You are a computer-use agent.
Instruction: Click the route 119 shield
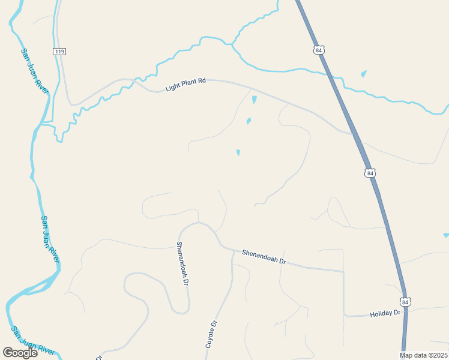[x=59, y=52]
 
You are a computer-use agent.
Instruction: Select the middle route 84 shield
[x=370, y=173]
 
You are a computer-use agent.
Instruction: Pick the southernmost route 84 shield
[x=406, y=302]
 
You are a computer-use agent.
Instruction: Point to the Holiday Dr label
[x=385, y=313]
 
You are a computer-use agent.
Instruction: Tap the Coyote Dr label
[x=211, y=334]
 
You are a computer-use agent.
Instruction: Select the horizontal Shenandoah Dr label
[x=264, y=257]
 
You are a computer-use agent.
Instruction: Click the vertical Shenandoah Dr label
[x=183, y=263]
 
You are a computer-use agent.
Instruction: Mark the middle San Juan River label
[x=50, y=239]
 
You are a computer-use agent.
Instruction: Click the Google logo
[x=20, y=353]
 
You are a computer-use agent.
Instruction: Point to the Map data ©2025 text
[x=423, y=355]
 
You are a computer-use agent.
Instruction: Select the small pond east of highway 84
[x=364, y=74]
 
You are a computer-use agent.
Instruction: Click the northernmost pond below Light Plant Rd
[x=254, y=100]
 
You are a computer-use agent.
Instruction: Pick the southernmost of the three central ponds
[x=238, y=152]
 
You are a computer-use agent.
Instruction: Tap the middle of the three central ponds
[x=249, y=121]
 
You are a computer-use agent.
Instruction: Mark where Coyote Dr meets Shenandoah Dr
[x=233, y=251]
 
